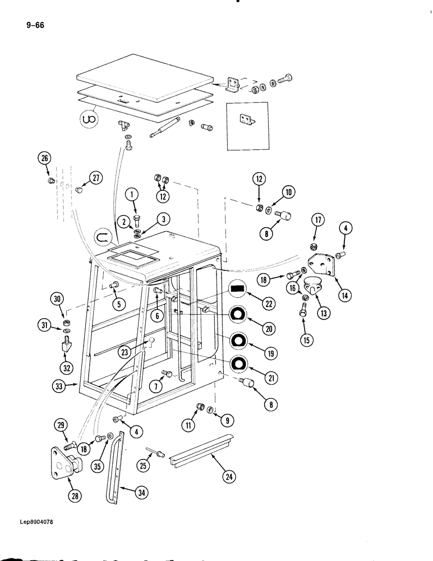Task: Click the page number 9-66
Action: [x=35, y=24]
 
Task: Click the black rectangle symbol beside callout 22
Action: [x=238, y=289]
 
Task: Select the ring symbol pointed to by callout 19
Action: [x=238, y=340]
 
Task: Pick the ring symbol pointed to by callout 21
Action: [x=238, y=364]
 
